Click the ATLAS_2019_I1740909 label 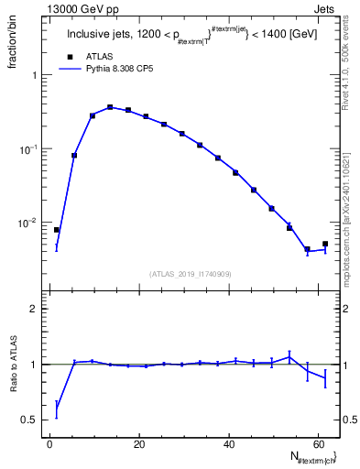tap(190, 273)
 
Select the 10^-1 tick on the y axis tap(31, 149)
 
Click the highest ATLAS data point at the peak tap(110, 107)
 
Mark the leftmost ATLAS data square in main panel tap(57, 230)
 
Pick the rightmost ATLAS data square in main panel tap(325, 244)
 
